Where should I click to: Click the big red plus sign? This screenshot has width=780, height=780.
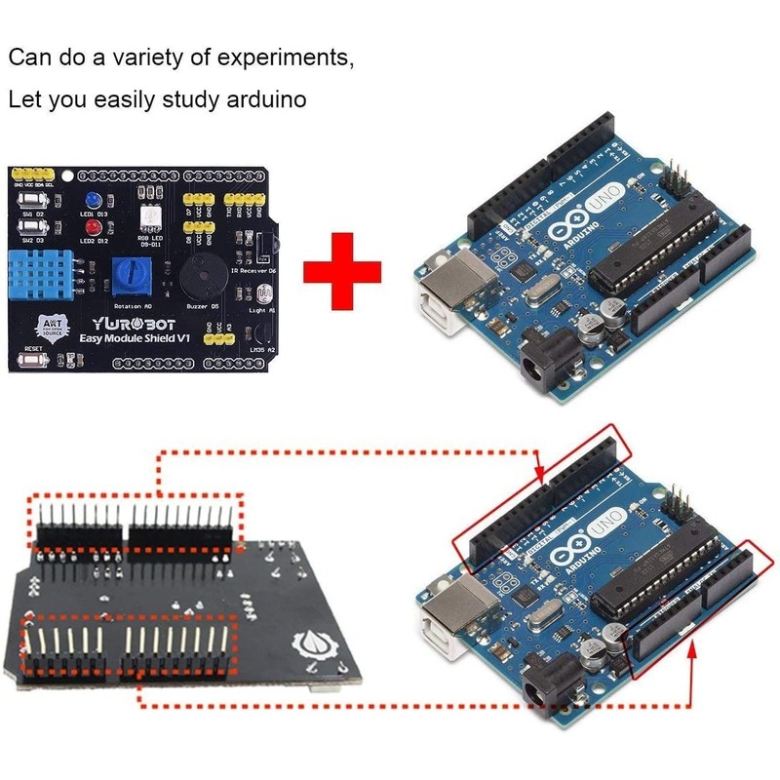pos(342,269)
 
